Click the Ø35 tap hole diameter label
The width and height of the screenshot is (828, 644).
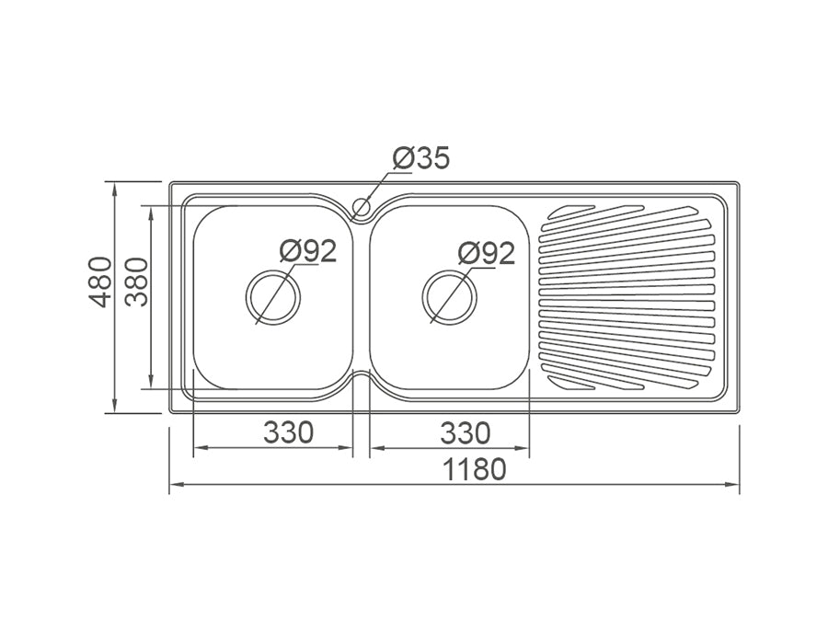(x=421, y=158)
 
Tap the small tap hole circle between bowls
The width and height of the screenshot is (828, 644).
(x=362, y=207)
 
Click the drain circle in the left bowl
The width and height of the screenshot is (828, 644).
(x=273, y=297)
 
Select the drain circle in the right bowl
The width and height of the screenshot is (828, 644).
(x=449, y=297)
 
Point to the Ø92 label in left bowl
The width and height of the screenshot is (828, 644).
(x=307, y=250)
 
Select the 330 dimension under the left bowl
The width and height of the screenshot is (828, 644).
(x=289, y=431)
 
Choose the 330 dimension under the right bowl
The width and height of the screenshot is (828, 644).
(x=466, y=431)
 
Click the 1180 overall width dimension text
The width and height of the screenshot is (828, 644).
(x=474, y=469)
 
